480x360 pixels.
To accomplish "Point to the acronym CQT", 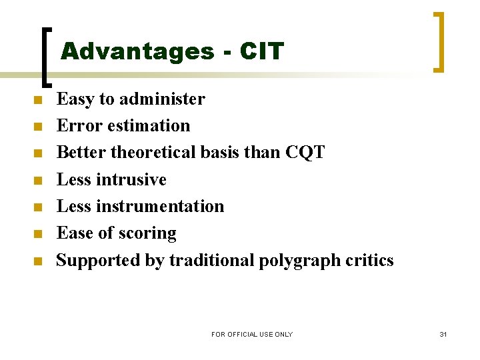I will [305, 153].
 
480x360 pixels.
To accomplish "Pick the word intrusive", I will [131, 179].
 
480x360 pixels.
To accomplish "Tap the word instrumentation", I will [160, 206].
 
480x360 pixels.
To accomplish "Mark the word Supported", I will [98, 261].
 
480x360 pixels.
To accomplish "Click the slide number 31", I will [443, 334].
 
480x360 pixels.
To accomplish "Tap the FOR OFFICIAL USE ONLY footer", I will [252, 334].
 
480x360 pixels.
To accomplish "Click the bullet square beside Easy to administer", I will [38, 101].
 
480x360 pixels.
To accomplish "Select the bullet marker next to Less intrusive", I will [38, 181].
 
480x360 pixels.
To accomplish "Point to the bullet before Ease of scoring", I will [38, 234].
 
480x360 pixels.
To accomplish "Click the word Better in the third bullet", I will [81, 153].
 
